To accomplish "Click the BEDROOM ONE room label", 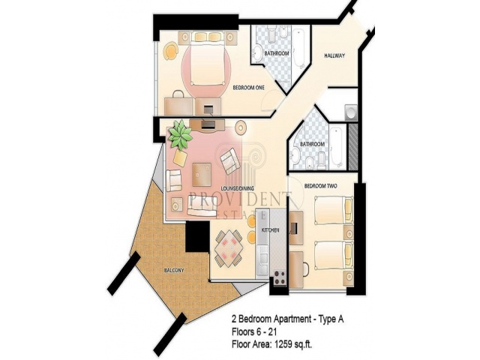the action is point(248,88).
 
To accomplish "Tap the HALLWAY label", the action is point(334,55).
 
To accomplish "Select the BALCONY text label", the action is point(174,270).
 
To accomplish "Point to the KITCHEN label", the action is point(270,230).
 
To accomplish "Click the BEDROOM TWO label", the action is point(321,186).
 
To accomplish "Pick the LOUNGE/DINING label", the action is point(238,188).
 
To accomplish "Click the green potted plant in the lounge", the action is point(180,135).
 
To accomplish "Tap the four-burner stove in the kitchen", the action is point(279,277).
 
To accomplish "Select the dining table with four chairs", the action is point(229,248).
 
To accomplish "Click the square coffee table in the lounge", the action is point(202,174).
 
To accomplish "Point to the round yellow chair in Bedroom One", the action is point(171,50).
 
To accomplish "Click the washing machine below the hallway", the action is point(351,112).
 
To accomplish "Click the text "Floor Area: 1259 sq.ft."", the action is point(271,344).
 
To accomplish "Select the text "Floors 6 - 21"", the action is point(254,331).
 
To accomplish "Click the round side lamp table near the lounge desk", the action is point(241,127).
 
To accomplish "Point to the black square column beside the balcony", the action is point(198,236).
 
